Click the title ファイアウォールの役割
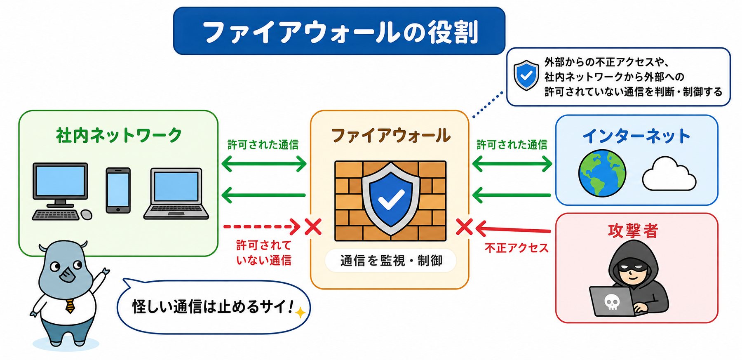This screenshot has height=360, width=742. point(340,32)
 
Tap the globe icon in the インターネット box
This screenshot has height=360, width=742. point(602,173)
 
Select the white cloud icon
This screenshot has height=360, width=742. point(669,174)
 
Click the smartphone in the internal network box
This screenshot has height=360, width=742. point(118,190)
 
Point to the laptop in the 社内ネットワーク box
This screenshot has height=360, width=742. point(176,193)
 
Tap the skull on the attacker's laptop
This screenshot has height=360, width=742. point(612,302)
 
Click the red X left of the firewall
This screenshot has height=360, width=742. point(313,227)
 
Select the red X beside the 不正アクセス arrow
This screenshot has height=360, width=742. point(465,227)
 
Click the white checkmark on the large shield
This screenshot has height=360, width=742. point(391,199)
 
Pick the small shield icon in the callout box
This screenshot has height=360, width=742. point(526,75)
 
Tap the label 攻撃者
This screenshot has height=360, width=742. point(633,231)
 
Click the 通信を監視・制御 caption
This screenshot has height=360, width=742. point(391,261)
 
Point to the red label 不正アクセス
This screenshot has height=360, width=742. point(517,248)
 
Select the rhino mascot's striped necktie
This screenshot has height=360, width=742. point(70,305)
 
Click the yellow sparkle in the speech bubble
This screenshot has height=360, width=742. point(301,313)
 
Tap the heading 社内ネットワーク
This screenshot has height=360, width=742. point(119,135)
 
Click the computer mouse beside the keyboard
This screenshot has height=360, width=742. point(87,214)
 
